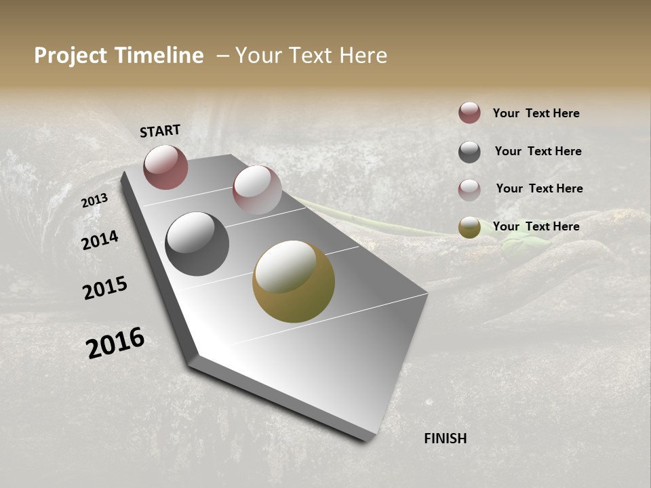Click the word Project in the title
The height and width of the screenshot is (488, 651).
pos(69,56)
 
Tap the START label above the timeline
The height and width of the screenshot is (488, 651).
pos(160,130)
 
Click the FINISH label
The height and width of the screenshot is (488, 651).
pos(446,439)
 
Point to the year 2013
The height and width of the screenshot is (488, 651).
pos(94,201)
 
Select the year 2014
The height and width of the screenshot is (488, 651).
pos(100,240)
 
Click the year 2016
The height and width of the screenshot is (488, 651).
pos(115,343)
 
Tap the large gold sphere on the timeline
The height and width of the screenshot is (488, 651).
pos(294,282)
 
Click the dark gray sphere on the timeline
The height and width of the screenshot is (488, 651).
pos(197,244)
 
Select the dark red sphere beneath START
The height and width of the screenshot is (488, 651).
pos(165,167)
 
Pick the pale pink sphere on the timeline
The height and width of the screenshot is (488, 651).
pos(257,190)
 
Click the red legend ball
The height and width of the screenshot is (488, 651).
pos(469,113)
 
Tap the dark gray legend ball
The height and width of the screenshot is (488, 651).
pos(469,152)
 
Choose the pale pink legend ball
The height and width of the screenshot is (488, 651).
pos(469,190)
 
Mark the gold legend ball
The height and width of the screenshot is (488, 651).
pos(469,228)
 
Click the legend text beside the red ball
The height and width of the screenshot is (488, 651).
pos(536,113)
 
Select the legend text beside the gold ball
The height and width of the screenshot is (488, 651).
pos(536,226)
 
